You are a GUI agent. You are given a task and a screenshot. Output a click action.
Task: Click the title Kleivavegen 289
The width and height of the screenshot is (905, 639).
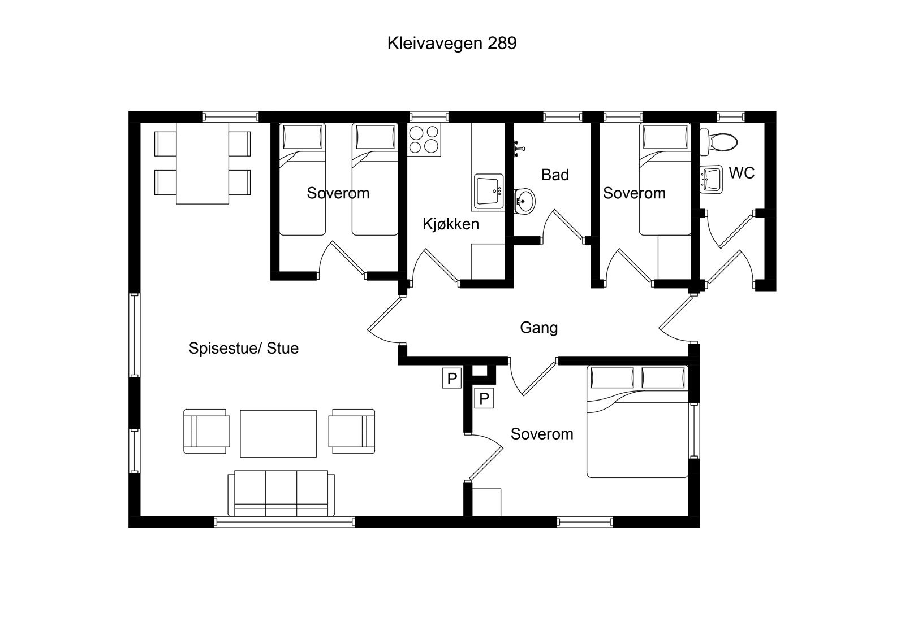tap(451, 44)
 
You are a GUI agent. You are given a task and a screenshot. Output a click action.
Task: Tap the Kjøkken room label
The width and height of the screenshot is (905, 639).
tap(451, 224)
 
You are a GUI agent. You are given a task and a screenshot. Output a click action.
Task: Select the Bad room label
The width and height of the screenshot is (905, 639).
tap(554, 175)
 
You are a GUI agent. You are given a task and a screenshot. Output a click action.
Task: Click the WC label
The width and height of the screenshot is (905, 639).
tap(741, 173)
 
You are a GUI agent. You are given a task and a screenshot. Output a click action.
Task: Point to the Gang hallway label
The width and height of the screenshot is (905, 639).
tap(538, 328)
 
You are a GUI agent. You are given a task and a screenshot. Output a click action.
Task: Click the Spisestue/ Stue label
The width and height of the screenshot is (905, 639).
tap(243, 348)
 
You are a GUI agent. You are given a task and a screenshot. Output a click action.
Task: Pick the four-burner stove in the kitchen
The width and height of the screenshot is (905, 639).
tap(424, 140)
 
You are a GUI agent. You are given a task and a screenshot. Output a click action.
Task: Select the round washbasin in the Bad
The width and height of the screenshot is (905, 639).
tap(525, 201)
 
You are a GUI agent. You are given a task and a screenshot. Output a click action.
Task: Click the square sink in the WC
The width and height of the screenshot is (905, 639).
tap(712, 179)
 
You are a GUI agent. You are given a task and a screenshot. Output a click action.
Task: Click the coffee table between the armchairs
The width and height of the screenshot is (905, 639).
tap(278, 433)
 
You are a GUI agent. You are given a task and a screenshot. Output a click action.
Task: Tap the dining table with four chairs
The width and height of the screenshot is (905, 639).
tap(202, 163)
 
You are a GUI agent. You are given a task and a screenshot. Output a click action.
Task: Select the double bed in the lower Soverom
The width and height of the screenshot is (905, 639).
tap(637, 421)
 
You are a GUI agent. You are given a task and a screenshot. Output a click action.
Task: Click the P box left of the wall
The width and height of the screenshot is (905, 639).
tap(451, 379)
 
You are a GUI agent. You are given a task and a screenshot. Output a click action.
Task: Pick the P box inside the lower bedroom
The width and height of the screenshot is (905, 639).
tap(484, 399)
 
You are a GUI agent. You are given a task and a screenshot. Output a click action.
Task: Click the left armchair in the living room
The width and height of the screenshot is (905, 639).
tap(206, 431)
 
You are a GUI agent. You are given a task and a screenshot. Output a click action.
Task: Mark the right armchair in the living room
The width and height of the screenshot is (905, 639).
tap(353, 431)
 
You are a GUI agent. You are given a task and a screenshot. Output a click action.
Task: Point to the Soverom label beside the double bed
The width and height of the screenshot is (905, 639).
tap(541, 434)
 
